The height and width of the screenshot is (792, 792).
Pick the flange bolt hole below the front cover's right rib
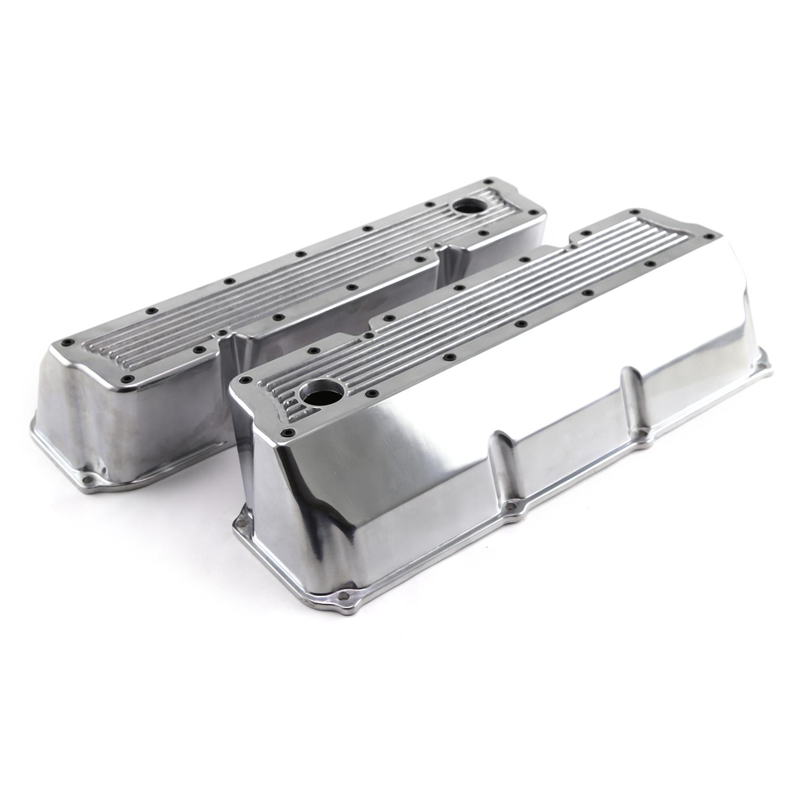click(x=642, y=434)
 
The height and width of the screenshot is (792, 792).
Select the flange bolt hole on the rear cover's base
click(x=90, y=479)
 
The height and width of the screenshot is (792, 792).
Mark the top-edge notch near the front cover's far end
click(x=577, y=238)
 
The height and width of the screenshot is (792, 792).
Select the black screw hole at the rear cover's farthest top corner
click(x=490, y=181)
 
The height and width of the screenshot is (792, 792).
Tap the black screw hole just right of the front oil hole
click(x=370, y=394)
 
